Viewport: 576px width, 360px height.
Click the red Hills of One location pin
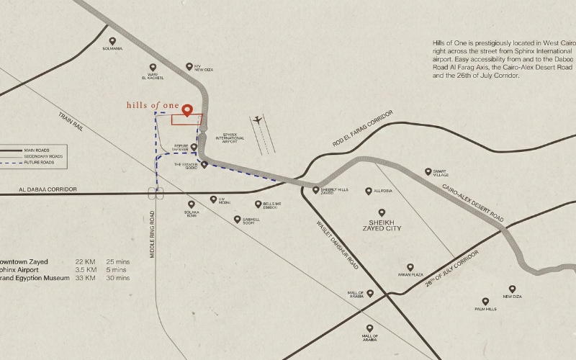187,110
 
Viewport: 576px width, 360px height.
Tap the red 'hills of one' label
152,105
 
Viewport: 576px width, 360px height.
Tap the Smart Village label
440,173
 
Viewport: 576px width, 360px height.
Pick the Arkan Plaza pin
410,267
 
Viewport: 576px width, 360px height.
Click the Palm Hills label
486,309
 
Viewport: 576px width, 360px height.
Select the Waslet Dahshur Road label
337,244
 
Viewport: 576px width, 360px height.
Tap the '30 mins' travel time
118,278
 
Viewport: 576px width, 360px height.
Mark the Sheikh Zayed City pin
382,212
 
